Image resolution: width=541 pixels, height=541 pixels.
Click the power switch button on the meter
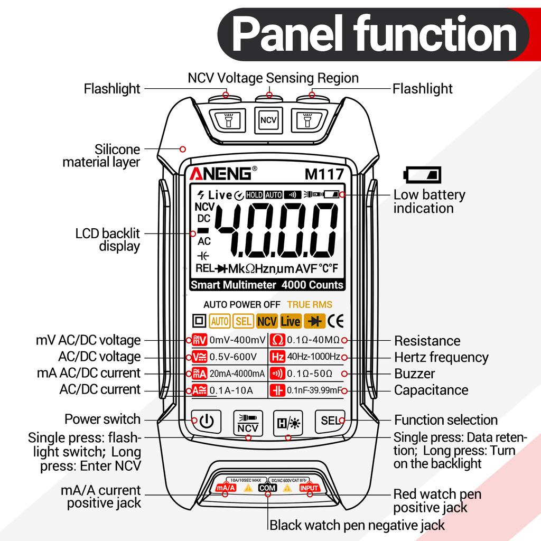[207, 421]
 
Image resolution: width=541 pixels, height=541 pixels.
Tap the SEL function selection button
[330, 421]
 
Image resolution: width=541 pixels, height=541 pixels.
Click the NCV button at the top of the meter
[269, 120]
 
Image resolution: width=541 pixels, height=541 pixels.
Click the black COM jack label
[268, 488]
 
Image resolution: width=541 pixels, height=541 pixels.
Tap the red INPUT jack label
[310, 488]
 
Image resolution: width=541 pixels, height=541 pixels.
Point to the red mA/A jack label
[226, 488]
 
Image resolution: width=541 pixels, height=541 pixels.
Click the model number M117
[324, 174]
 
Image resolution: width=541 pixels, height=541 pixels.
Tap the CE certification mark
[335, 321]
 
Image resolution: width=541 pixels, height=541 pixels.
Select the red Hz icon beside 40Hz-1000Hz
[278, 357]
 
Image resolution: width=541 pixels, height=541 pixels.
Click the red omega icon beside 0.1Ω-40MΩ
[278, 340]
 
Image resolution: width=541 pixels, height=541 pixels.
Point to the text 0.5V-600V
[233, 357]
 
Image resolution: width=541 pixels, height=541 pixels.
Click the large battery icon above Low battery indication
[423, 174]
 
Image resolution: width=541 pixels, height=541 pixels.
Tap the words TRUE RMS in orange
[310, 304]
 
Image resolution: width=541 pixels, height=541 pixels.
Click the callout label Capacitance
[431, 390]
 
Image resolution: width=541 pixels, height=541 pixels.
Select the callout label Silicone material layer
[101, 155]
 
